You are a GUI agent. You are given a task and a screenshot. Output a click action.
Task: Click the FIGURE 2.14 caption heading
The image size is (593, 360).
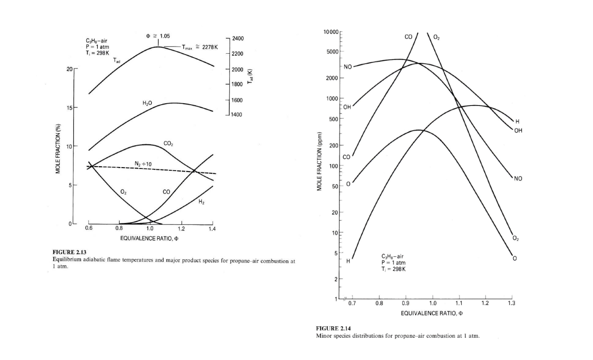(x=333, y=329)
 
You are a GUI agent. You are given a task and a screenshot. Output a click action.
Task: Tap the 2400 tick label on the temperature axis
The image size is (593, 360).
(x=238, y=39)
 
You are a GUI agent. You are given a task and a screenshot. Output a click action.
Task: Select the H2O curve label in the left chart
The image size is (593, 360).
(x=147, y=103)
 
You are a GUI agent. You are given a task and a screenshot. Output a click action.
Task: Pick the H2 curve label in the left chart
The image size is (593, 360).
(x=201, y=202)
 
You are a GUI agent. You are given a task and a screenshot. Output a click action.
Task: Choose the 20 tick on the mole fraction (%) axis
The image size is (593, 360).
(x=69, y=69)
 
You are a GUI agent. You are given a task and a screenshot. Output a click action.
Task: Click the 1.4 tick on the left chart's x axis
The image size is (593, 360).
(x=213, y=229)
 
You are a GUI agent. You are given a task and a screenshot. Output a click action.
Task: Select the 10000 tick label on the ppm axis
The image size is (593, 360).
(x=331, y=32)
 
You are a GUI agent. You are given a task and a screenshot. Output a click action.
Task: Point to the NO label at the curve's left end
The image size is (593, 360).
(x=347, y=67)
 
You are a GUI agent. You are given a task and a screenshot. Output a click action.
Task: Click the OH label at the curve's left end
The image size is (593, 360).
(x=347, y=107)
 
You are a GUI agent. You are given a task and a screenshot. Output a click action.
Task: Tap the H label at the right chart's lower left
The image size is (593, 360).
(x=348, y=261)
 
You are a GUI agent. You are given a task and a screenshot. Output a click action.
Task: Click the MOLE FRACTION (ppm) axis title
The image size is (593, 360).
(x=319, y=162)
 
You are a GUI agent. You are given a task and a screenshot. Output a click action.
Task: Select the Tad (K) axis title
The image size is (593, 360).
(x=251, y=77)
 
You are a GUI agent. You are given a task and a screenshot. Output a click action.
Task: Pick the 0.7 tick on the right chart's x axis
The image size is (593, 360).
(x=352, y=304)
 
